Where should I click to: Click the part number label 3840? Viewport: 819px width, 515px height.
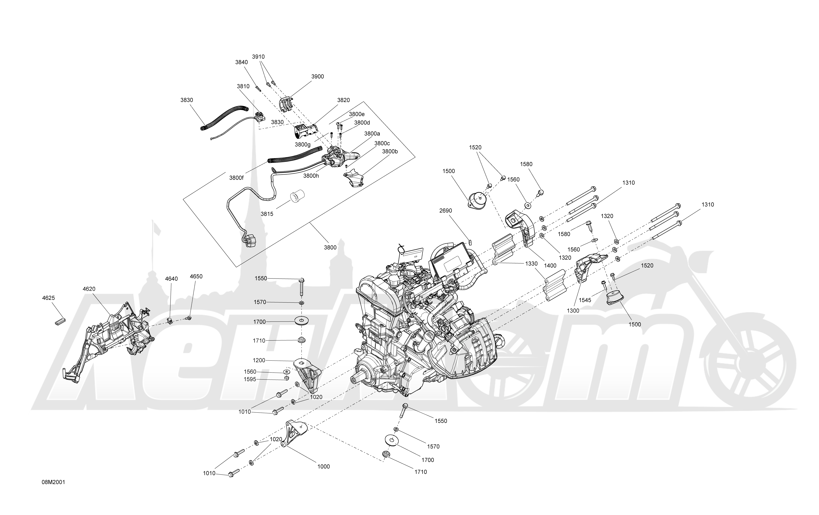tap(242, 62)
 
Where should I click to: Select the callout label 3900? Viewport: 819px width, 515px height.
tap(318, 77)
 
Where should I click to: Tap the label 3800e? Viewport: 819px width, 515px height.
tap(357, 114)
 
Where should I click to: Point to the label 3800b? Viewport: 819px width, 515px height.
tap(390, 151)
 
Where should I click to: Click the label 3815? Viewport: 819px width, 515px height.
tap(267, 214)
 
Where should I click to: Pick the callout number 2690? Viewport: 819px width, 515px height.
tap(446, 211)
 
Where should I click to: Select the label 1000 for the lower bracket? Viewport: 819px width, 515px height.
tap(323, 467)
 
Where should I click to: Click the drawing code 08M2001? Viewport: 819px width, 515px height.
tap(53, 482)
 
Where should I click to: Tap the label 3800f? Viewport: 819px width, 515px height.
tap(236, 178)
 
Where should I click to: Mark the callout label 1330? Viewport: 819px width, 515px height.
tap(531, 264)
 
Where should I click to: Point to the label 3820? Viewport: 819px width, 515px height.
tap(344, 100)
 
